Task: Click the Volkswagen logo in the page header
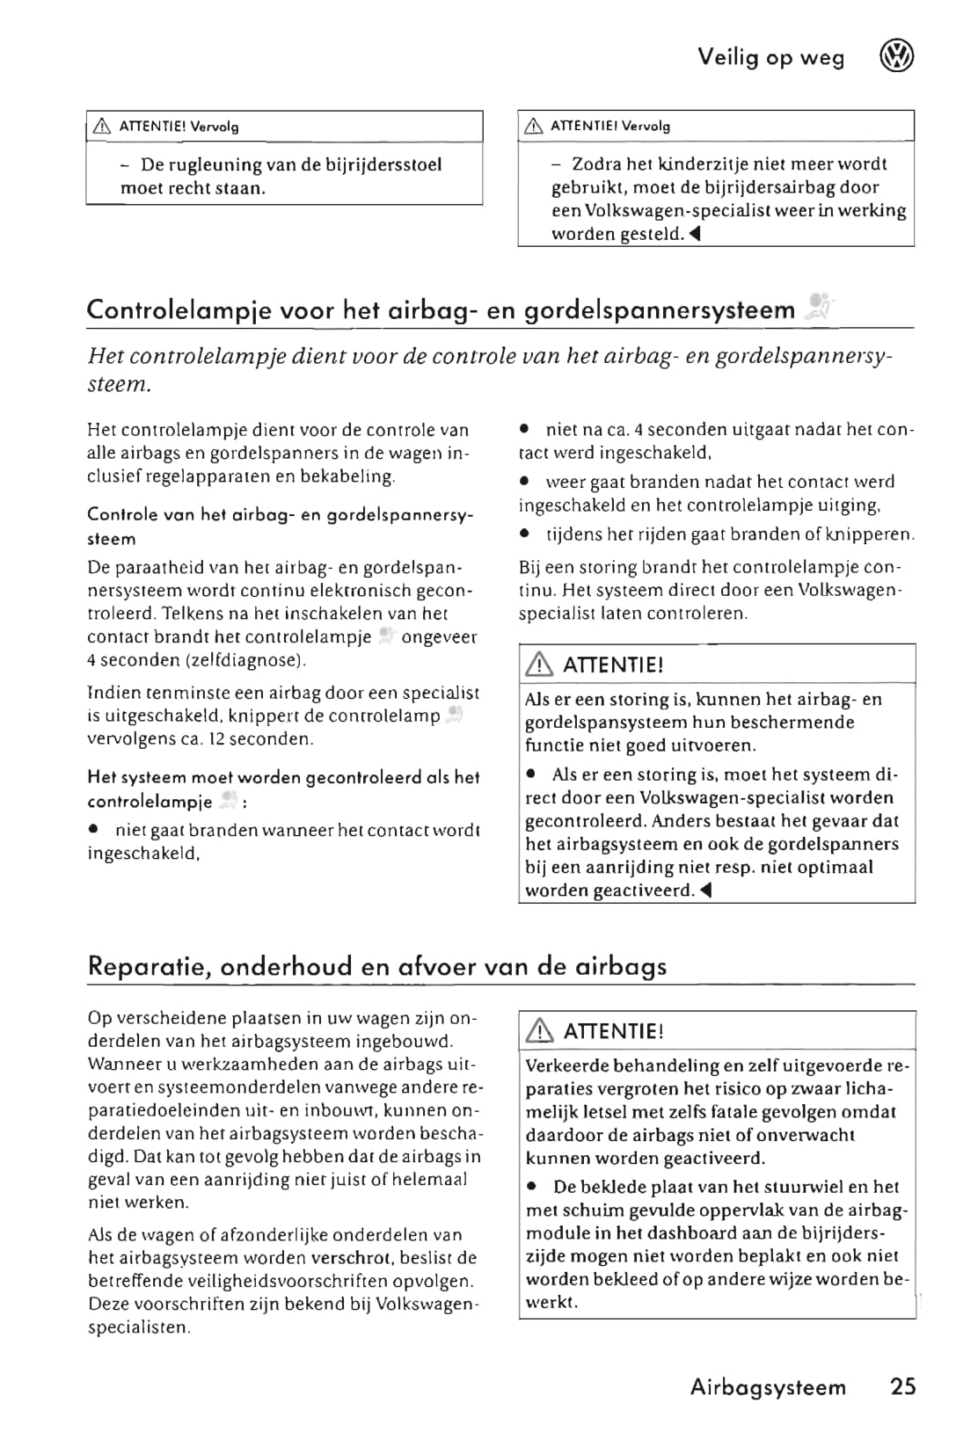point(896,57)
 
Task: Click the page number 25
point(903,1386)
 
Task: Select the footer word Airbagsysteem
point(768,1387)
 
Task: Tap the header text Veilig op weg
point(770,58)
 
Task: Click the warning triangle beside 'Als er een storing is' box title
point(536,665)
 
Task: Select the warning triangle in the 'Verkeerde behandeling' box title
point(536,1031)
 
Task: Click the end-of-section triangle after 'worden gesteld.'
point(694,234)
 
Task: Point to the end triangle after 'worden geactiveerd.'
point(706,891)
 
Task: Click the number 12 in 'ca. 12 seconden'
point(215,738)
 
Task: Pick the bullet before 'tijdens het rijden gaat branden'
point(524,534)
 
